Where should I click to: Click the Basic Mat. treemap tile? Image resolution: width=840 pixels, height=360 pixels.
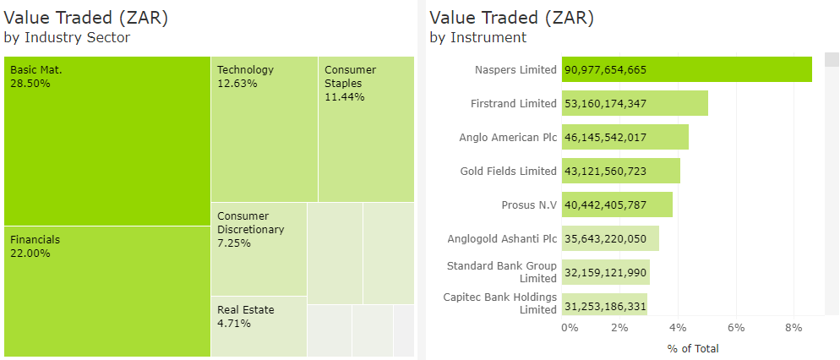(106, 141)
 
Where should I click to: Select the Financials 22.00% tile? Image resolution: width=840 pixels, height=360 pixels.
(106, 291)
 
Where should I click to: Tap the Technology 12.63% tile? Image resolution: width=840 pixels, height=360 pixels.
(264, 128)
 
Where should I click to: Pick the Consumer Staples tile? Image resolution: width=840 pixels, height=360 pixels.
(366, 128)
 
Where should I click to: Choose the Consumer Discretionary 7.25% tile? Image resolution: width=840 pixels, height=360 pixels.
(259, 248)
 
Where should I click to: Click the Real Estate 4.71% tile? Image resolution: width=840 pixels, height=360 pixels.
(259, 326)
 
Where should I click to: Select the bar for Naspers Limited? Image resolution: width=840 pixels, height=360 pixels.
(686, 69)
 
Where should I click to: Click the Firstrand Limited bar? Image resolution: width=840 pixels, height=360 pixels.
(635, 104)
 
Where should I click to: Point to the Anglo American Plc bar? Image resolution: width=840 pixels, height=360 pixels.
(625, 137)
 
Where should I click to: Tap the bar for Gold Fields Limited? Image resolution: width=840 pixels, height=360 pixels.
(620, 171)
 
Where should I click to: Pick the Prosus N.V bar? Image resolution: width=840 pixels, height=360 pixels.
(617, 205)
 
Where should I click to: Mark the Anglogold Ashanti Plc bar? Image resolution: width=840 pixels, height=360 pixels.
(610, 238)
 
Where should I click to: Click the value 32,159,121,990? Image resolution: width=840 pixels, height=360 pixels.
(606, 272)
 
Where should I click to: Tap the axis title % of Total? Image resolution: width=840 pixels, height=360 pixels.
(692, 348)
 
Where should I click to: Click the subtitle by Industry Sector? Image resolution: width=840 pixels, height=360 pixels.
(67, 37)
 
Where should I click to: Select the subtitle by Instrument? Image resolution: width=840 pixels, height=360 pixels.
(477, 37)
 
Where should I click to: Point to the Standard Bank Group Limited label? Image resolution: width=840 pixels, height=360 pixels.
(501, 272)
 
